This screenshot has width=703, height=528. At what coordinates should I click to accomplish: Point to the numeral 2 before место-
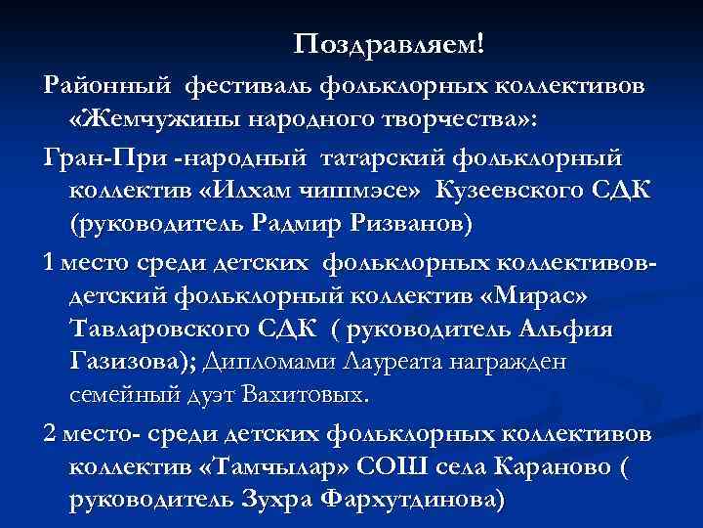click(51, 432)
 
